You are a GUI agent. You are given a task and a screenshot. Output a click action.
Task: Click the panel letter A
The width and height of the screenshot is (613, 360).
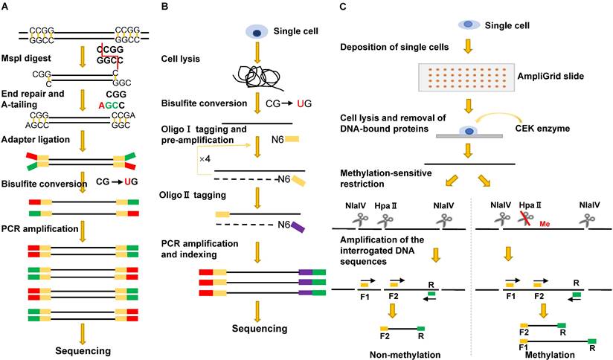(6, 7)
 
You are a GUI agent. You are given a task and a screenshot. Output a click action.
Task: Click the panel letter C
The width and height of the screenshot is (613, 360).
(342, 7)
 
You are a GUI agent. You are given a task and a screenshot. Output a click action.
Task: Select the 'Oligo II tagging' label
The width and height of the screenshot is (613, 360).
(194, 196)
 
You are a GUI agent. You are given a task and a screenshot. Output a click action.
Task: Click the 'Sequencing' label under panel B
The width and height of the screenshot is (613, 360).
(257, 328)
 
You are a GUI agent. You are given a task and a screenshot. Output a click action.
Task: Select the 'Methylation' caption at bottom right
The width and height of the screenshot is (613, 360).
(550, 355)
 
